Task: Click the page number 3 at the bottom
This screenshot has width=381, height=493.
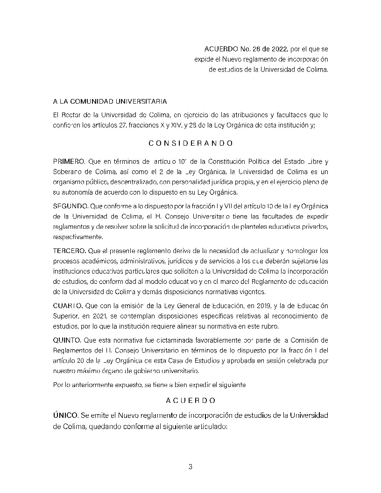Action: [190, 466]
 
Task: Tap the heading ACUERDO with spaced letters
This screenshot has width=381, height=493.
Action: [190, 401]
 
